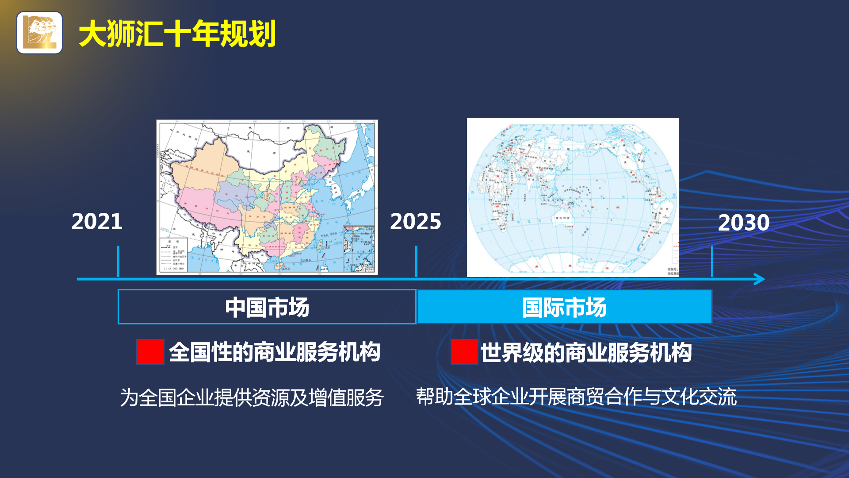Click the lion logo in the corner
click(39, 33)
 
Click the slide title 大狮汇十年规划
click(177, 34)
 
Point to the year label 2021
click(97, 221)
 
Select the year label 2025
click(415, 221)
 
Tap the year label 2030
click(744, 223)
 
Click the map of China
click(267, 197)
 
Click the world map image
click(573, 197)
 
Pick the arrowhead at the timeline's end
click(760, 279)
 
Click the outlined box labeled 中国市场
click(267, 307)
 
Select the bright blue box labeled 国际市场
click(564, 307)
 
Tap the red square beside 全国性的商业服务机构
click(150, 352)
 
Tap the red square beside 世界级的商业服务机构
click(464, 352)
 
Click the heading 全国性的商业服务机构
click(275, 352)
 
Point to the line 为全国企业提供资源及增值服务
click(252, 397)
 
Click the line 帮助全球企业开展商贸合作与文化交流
click(576, 397)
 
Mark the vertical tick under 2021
click(119, 261)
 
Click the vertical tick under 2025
click(416, 261)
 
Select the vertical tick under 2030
click(712, 261)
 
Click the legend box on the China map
click(173, 255)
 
